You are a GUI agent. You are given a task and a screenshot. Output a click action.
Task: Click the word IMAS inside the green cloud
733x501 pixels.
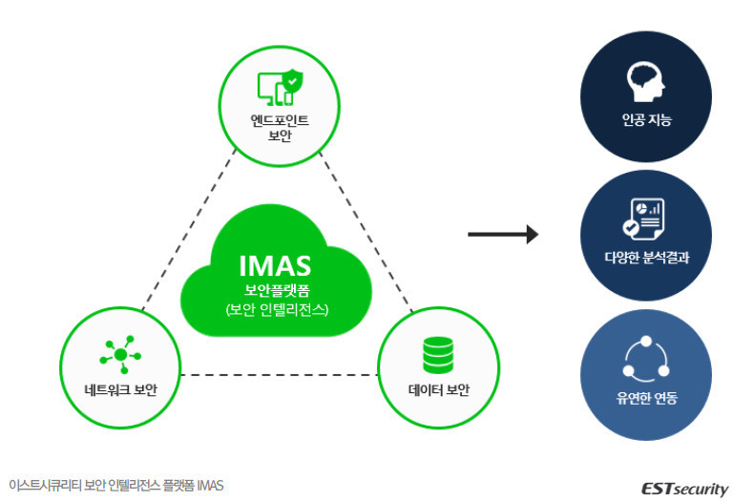(x=275, y=266)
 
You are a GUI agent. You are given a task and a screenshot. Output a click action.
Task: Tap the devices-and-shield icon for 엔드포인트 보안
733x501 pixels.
(x=280, y=88)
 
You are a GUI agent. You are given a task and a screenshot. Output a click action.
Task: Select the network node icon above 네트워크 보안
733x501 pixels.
(x=120, y=355)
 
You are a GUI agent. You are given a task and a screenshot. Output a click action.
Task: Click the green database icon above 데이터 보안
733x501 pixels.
(x=438, y=355)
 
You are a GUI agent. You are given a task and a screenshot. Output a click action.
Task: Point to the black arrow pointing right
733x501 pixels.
(x=503, y=234)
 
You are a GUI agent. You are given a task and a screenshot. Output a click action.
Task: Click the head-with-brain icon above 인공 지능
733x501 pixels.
(x=645, y=82)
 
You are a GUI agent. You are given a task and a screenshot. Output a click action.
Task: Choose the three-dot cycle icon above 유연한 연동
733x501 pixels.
(x=646, y=358)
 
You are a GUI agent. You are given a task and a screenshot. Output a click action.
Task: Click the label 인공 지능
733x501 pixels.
(x=646, y=120)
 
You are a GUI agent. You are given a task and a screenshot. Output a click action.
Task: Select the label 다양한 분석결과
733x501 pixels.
(x=646, y=258)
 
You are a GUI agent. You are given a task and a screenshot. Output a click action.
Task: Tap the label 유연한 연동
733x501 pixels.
(x=646, y=398)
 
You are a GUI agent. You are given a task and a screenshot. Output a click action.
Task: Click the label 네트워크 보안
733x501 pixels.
(x=120, y=389)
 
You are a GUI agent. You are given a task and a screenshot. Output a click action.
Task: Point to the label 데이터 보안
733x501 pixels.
(x=438, y=389)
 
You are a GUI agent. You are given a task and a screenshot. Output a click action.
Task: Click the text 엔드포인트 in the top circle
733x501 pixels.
(x=280, y=120)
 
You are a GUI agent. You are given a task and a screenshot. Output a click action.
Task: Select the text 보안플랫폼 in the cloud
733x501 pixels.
(x=277, y=291)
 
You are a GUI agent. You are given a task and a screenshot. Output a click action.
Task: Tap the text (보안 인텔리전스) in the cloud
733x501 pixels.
(x=277, y=309)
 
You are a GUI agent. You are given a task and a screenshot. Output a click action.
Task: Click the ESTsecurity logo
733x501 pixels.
(x=684, y=489)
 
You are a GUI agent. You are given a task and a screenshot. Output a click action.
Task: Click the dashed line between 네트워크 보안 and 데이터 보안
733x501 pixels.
(x=279, y=375)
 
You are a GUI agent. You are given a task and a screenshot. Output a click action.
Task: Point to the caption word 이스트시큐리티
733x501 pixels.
(x=45, y=486)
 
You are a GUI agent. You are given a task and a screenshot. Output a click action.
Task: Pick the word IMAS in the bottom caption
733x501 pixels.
(x=210, y=486)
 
